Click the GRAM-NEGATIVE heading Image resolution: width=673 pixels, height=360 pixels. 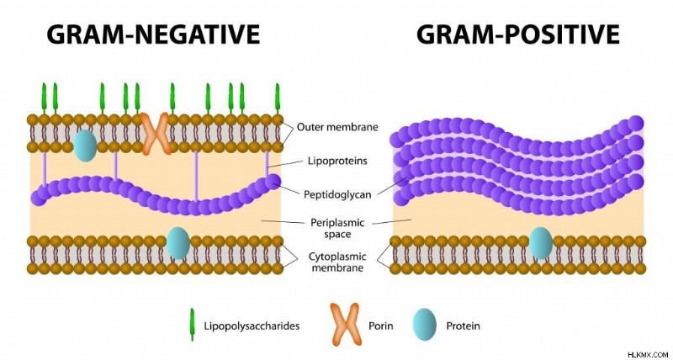click(153, 34)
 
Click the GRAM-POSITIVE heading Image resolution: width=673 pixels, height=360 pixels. click(518, 34)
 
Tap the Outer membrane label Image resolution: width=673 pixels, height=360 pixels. click(338, 127)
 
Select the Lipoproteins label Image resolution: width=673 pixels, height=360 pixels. click(338, 161)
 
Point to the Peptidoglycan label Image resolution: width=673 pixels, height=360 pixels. click(337, 195)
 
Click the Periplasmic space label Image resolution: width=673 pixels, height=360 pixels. click(337, 228)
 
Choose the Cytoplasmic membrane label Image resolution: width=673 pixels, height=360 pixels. click(337, 262)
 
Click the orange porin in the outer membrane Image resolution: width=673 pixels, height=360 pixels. click(156, 134)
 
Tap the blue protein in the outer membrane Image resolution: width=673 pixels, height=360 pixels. click(85, 146)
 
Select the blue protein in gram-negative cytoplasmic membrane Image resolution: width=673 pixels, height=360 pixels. click(178, 243)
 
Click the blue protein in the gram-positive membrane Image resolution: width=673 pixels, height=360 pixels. click(541, 243)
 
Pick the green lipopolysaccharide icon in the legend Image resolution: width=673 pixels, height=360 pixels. click(193, 325)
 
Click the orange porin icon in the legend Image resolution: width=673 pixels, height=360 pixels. click(344, 324)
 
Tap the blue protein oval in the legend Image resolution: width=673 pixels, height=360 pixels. click(425, 325)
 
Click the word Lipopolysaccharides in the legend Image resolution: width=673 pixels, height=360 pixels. click(252, 326)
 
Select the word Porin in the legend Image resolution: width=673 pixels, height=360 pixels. click(381, 326)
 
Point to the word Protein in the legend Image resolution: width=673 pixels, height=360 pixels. click(464, 326)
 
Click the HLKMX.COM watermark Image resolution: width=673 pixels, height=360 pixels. click(649, 355)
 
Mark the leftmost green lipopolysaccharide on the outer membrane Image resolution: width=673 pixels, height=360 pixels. click(44, 98)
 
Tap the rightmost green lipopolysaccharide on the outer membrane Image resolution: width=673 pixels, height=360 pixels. click(278, 98)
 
